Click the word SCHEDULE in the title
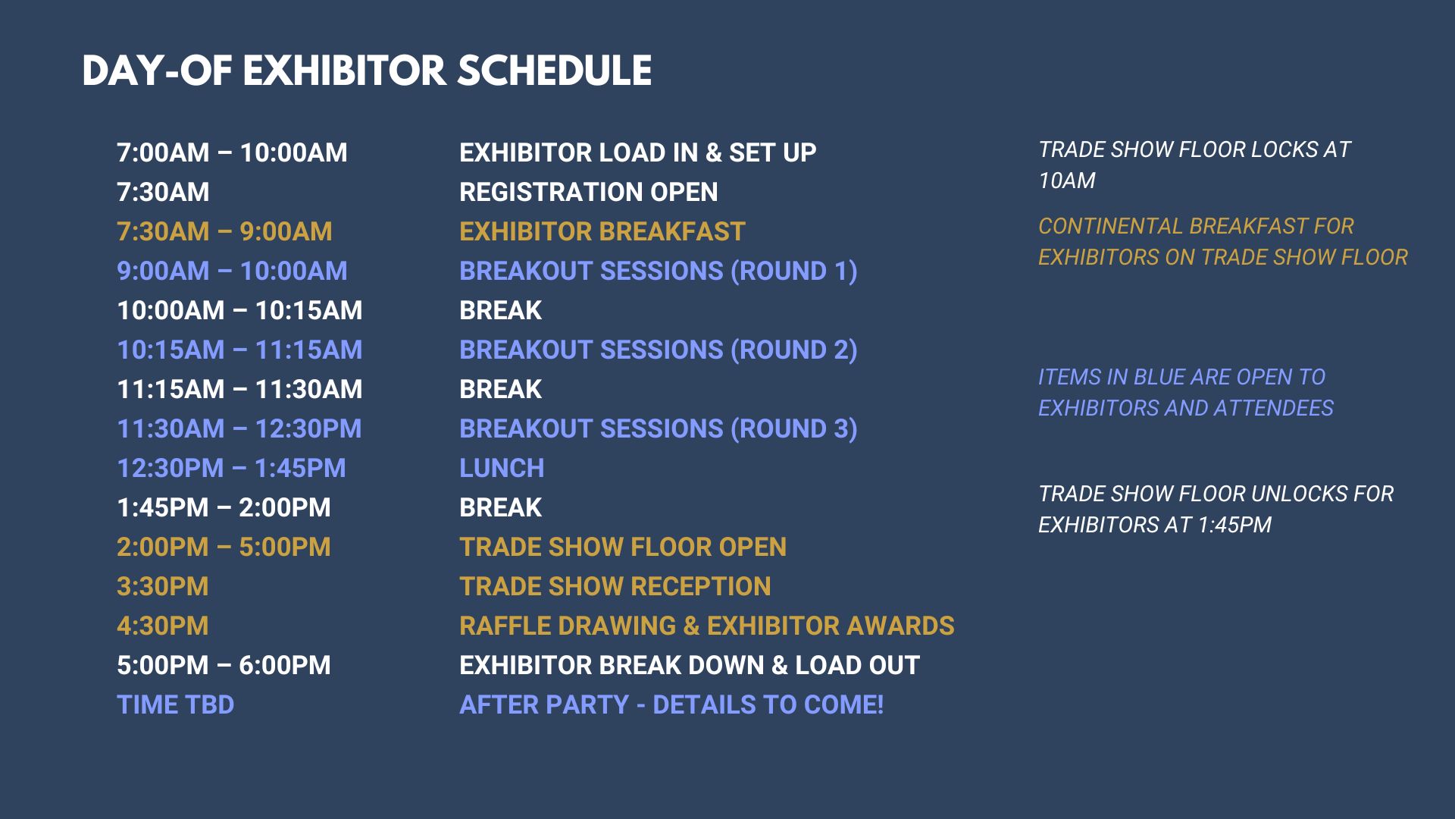[x=554, y=71]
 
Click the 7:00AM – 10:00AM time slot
[x=232, y=152]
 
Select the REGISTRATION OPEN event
[x=588, y=192]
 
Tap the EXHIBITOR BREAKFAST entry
[x=602, y=231]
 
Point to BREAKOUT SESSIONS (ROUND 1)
[x=659, y=271]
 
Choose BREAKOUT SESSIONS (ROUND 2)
[x=659, y=350]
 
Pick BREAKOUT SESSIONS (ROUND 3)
[x=659, y=429]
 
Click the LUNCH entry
[x=502, y=468]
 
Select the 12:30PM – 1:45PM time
[x=231, y=468]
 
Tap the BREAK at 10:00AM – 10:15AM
[x=500, y=310]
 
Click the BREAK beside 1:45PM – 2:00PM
[x=500, y=507]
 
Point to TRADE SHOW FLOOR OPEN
[x=623, y=547]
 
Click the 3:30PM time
[x=162, y=586]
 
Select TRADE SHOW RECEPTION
[x=615, y=586]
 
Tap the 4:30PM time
[x=162, y=626]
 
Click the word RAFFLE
[x=505, y=626]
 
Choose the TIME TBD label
[x=175, y=704]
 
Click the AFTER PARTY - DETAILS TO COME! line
[x=671, y=704]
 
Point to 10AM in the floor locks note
[x=1067, y=180]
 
